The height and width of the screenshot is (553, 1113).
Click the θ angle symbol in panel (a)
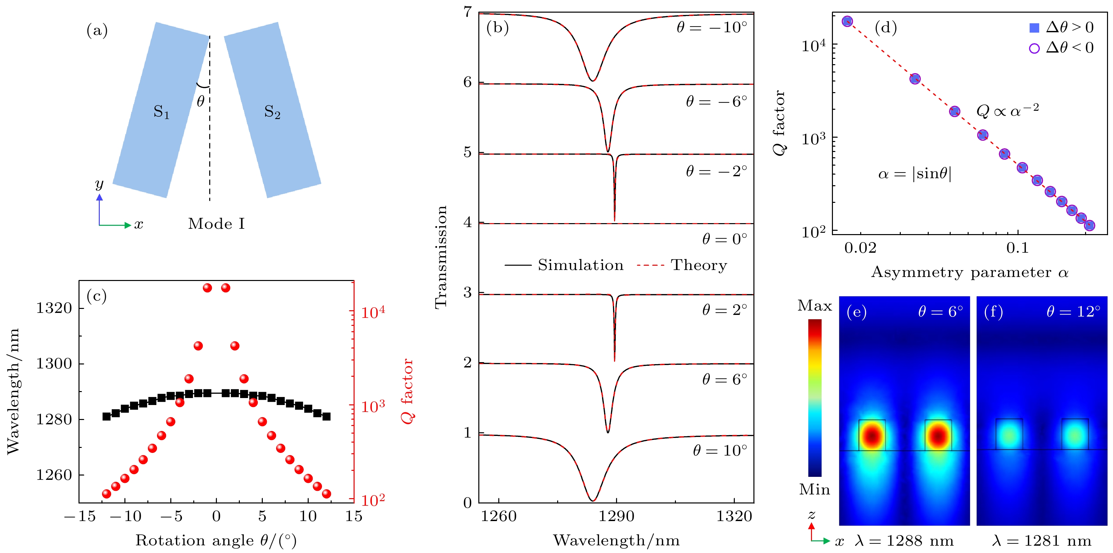tap(201, 101)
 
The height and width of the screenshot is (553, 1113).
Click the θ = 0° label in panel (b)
tap(724, 239)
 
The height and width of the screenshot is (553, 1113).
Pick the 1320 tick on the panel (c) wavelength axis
tap(54, 308)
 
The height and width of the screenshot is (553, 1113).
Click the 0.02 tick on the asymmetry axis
tap(860, 248)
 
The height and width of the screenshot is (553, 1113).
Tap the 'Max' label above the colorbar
tap(814, 306)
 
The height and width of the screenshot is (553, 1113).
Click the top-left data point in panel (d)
tap(847, 21)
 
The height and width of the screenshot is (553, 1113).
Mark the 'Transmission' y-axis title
tap(441, 257)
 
